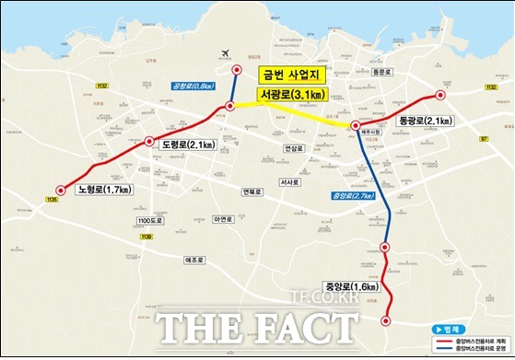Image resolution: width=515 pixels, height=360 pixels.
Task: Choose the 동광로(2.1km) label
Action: [x=425, y=121]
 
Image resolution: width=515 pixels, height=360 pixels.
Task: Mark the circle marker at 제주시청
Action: [x=356, y=126]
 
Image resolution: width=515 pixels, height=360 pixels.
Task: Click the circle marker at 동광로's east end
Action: [x=440, y=95]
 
